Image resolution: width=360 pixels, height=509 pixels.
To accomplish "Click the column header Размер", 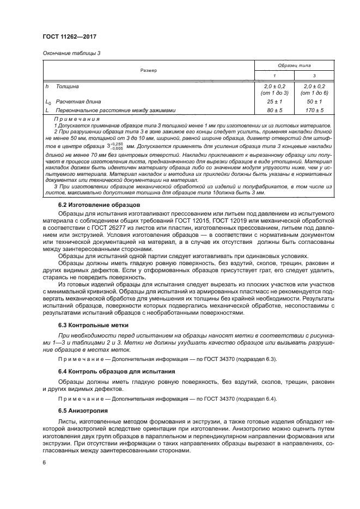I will [x=148, y=70].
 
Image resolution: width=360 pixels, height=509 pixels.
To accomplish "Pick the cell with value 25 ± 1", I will [x=274, y=102].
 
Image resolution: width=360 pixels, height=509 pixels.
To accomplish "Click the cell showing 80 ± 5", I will [x=274, y=110].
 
